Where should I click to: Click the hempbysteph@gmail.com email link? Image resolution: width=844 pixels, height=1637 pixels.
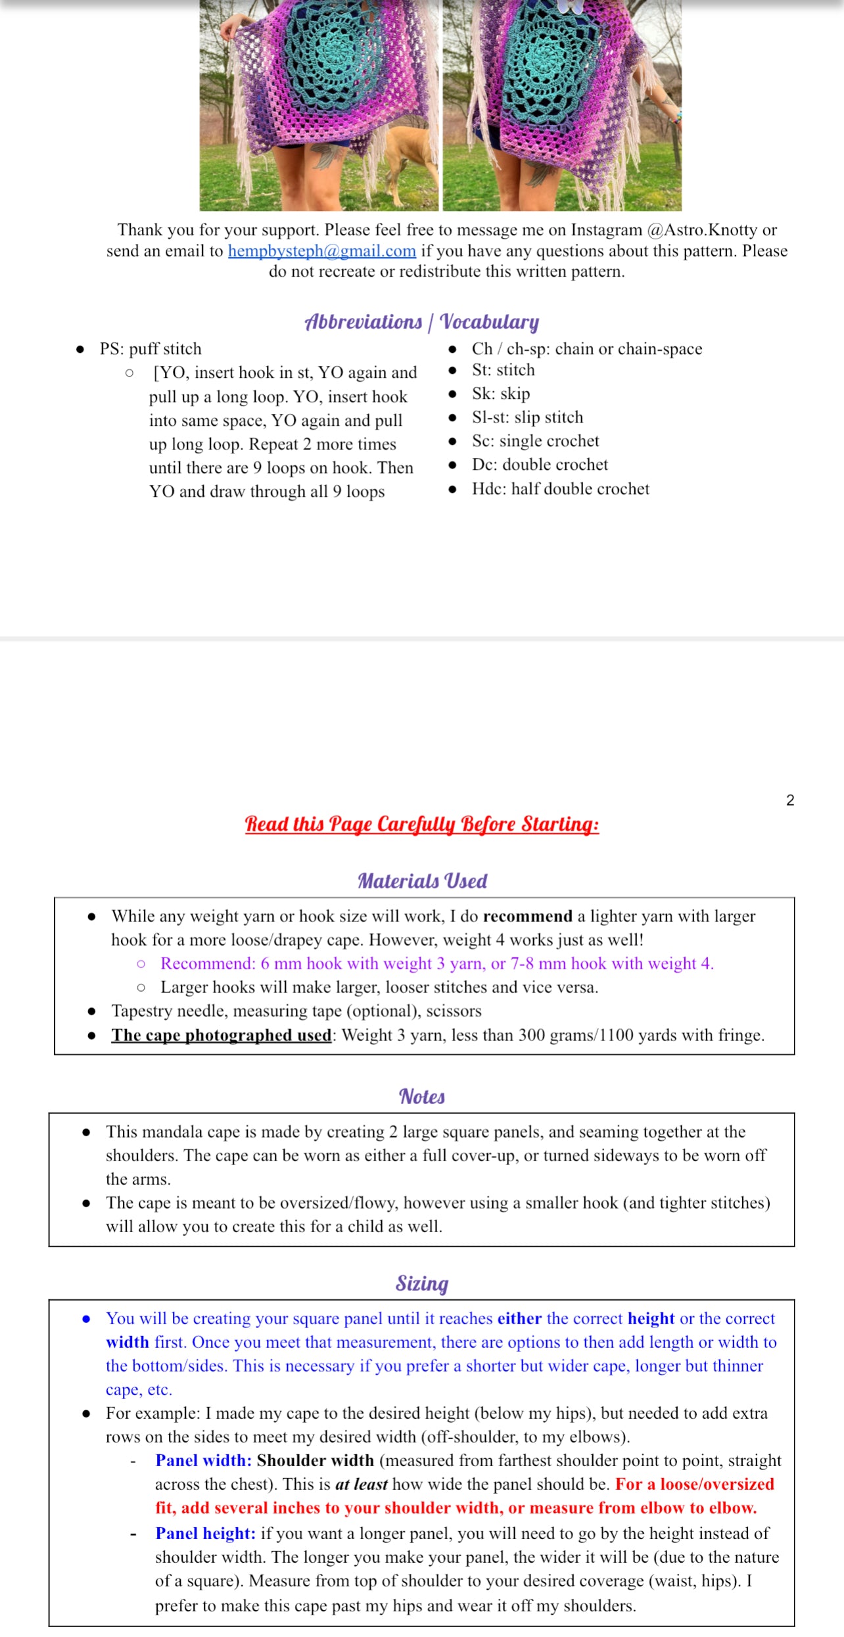coord(321,251)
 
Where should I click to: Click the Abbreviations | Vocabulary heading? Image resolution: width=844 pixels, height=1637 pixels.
coord(421,321)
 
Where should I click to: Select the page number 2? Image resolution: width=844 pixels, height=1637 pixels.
coord(790,800)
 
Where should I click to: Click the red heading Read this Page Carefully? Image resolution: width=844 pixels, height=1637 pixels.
coord(421,824)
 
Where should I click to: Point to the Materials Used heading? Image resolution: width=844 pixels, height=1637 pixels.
coord(422,881)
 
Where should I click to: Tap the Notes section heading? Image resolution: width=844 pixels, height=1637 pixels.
coord(422,1097)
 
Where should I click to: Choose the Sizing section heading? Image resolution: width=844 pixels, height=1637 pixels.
coord(422,1283)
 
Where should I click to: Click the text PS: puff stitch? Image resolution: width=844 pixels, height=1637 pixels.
coord(151,349)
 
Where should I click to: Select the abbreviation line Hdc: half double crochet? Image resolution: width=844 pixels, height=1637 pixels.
coord(560,489)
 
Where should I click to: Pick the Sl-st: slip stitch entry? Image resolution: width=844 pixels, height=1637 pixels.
coord(527,417)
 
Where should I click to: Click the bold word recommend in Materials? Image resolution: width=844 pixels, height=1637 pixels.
coord(527,916)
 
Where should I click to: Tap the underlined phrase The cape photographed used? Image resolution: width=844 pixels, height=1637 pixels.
coord(222,1035)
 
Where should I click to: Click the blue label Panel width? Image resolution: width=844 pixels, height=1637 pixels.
coord(204,1460)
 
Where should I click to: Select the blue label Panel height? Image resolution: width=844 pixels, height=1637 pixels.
coord(205,1533)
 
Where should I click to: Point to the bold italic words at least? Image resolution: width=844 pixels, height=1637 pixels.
coord(361,1484)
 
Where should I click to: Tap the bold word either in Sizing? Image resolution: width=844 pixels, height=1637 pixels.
coord(519,1318)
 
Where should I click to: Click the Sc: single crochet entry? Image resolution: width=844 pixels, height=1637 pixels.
coord(535,441)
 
